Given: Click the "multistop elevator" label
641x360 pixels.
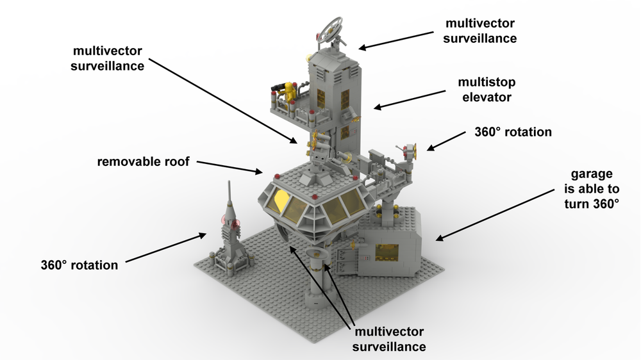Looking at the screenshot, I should (x=487, y=90).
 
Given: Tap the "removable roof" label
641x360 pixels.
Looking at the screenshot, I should (x=144, y=161).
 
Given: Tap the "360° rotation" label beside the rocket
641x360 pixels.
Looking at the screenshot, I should (x=79, y=265).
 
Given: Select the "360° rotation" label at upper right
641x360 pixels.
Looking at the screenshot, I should (x=513, y=133).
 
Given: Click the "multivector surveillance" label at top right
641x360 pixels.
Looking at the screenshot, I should (x=481, y=30).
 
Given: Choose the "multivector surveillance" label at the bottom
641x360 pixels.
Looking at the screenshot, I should (x=390, y=339).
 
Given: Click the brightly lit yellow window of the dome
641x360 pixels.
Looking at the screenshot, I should (x=281, y=201).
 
